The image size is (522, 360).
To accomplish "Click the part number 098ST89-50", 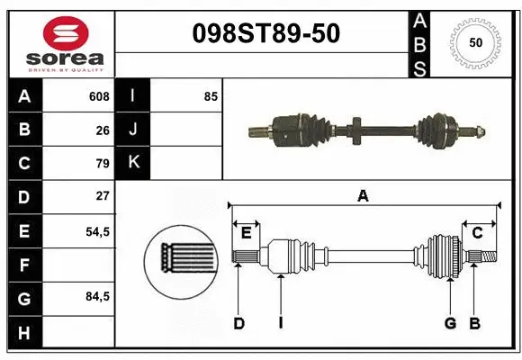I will (x=266, y=33).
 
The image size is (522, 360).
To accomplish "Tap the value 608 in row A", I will (x=99, y=96).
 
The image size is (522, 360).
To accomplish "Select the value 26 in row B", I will (x=103, y=130).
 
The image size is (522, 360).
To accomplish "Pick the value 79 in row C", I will (x=103, y=163).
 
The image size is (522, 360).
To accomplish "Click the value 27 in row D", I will (x=103, y=196).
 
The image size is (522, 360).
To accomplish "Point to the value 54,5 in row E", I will (x=97, y=230).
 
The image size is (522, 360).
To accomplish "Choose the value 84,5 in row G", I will (x=97, y=296).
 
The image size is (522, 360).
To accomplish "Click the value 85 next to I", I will (x=211, y=96).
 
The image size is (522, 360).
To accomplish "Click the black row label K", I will (x=133, y=163).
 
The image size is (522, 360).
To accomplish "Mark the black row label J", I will (x=133, y=130).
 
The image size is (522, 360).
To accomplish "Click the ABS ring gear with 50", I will (x=474, y=43).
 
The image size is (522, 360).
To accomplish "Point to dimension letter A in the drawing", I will (x=363, y=195).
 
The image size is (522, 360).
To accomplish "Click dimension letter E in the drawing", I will (x=246, y=233).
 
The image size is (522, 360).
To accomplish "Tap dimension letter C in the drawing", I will (x=478, y=233).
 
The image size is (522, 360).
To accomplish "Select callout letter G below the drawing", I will (x=450, y=323).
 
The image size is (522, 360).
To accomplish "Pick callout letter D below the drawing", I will (x=238, y=323).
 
